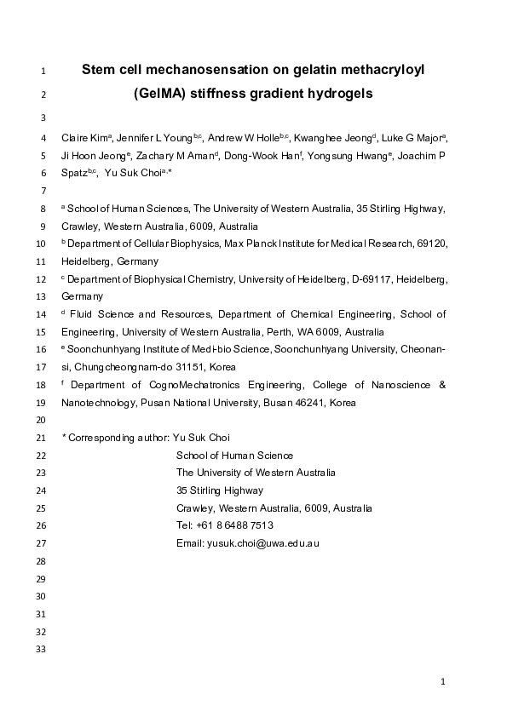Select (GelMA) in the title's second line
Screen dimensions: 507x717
point(162,94)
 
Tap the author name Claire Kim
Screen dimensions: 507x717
point(83,138)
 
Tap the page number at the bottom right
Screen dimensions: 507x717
point(443,681)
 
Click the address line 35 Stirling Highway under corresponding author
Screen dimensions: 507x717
point(220,490)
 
